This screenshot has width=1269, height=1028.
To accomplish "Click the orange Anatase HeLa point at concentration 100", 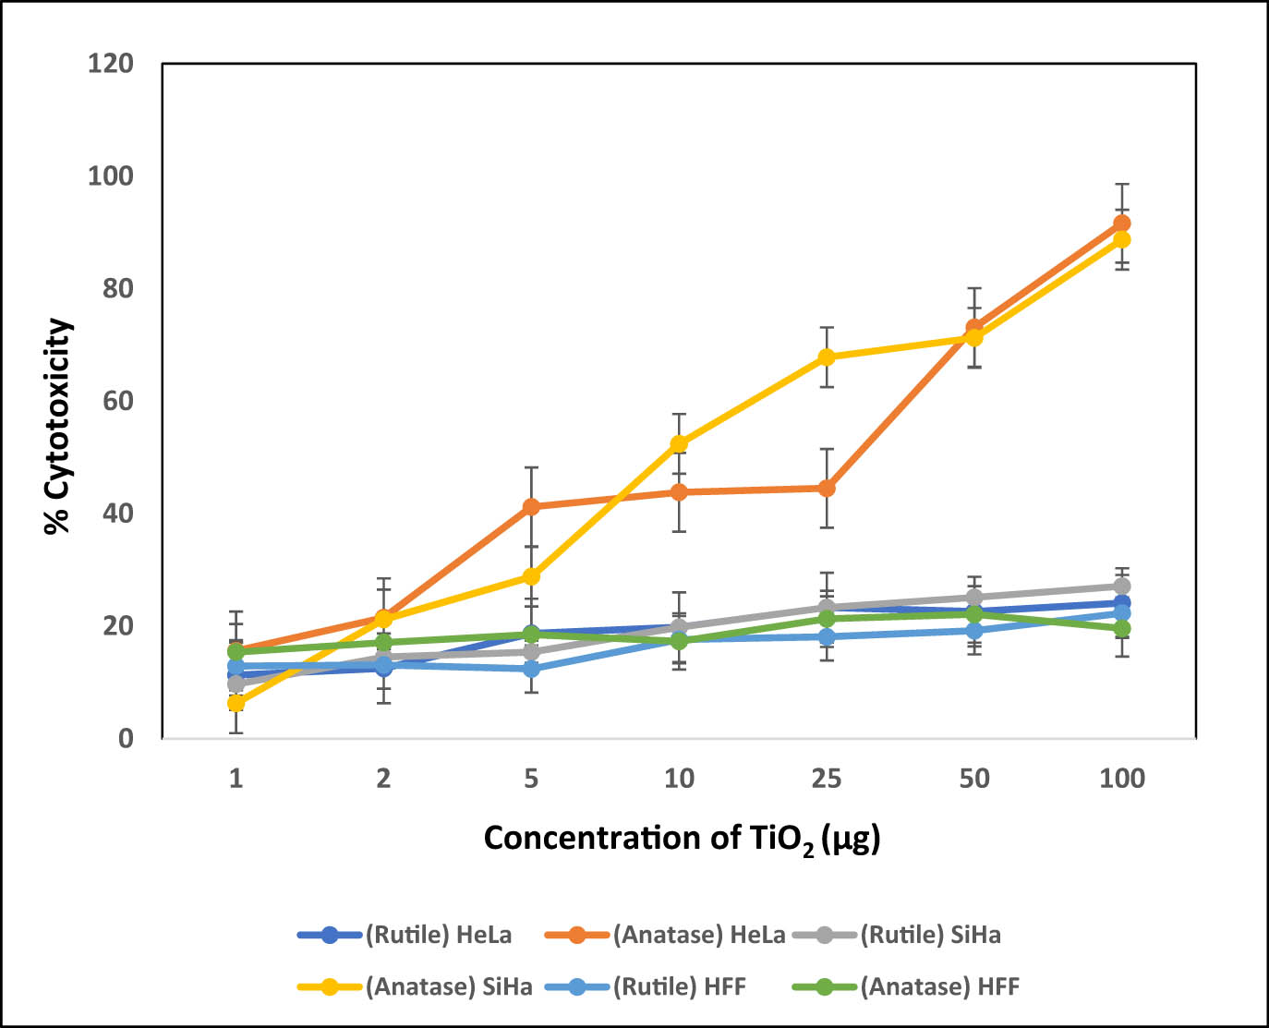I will [x=1121, y=224].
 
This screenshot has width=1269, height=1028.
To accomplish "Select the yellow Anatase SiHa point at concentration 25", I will [x=827, y=357].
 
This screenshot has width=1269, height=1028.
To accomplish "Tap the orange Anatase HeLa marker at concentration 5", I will [x=531, y=507].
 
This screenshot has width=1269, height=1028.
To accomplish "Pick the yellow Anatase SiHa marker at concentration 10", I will [x=679, y=444].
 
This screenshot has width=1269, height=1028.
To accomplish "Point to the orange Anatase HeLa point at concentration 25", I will [x=827, y=489].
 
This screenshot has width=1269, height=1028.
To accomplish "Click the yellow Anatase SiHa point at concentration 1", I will [x=236, y=704].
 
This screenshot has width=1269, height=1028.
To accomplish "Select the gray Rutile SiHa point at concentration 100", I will [x=1121, y=587].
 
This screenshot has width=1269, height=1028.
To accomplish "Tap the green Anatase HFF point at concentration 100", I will [x=1121, y=628].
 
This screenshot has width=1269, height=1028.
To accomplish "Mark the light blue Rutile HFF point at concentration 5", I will [x=531, y=669].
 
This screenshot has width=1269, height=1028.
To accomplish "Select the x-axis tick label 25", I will [x=827, y=779].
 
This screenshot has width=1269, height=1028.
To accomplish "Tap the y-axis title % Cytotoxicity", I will [x=58, y=426].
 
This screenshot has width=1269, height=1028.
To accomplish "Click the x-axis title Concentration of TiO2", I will [x=682, y=839].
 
